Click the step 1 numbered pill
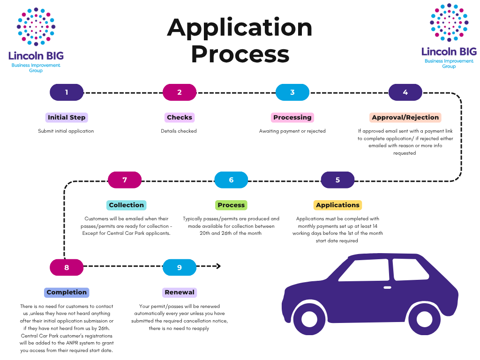(x=67, y=92)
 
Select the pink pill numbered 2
(x=180, y=92)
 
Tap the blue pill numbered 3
(x=292, y=92)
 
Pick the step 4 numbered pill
(x=405, y=92)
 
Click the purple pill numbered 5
(x=337, y=180)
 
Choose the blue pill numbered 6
(x=231, y=180)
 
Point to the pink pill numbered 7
(x=125, y=180)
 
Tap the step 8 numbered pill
(x=67, y=267)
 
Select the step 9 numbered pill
(x=180, y=267)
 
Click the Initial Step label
(x=67, y=117)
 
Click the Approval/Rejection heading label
(x=405, y=117)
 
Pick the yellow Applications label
(x=337, y=205)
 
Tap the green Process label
(x=231, y=205)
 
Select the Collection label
(x=126, y=205)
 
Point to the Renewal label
(x=180, y=292)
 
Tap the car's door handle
(x=387, y=287)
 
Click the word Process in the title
(x=240, y=54)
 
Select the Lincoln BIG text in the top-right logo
(x=449, y=52)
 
